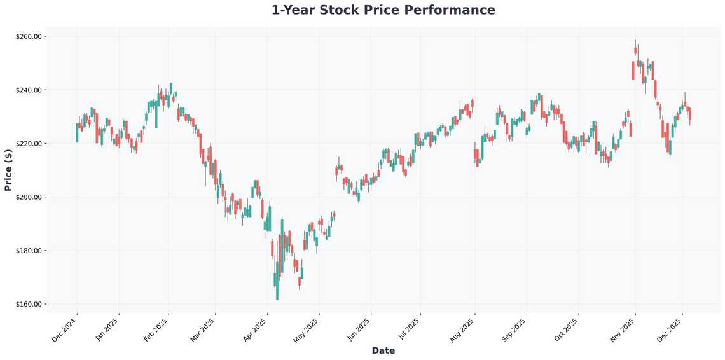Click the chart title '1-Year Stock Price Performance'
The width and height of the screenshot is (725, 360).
pos(383,10)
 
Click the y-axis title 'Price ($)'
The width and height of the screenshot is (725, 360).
pos(8,170)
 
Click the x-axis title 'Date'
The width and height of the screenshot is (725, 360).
pos(383,350)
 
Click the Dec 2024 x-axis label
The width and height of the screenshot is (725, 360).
pos(66,330)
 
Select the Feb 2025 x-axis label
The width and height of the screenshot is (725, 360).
pos(157,330)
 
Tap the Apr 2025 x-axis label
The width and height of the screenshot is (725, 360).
pos(256,330)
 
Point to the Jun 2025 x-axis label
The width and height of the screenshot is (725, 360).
pos(359,330)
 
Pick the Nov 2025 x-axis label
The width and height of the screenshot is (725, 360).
pos(623,330)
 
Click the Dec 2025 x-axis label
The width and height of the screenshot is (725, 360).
pos(671,330)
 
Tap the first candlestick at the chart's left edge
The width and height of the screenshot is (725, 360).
pos(77,133)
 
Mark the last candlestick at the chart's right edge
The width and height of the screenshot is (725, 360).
pos(690,114)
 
